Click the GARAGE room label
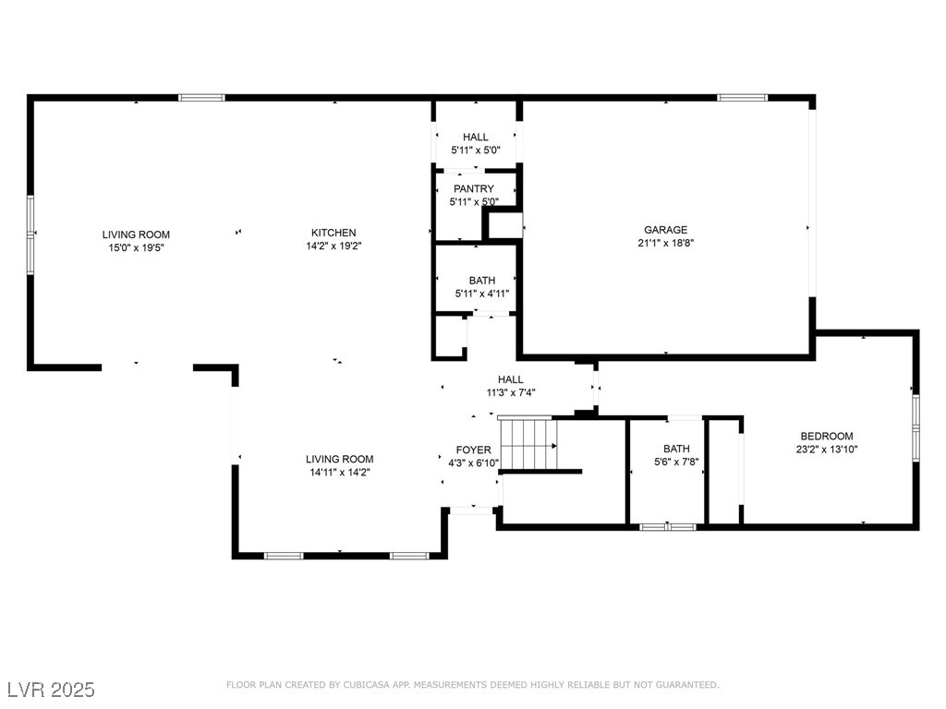click(665, 230)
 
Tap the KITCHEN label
click(334, 233)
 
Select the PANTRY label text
click(474, 188)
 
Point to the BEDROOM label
click(827, 436)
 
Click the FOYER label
click(474, 450)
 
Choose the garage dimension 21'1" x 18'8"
click(665, 243)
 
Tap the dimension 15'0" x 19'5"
click(136, 247)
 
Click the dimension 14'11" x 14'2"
click(340, 472)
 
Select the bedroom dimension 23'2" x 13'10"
click(827, 450)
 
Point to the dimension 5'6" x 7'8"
click(676, 462)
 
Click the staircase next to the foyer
click(528, 443)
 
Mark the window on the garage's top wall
click(742, 98)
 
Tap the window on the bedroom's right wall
click(916, 428)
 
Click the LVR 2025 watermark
click(52, 689)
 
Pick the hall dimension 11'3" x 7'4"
click(511, 392)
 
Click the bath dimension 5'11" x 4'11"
click(482, 294)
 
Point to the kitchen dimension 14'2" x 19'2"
click(334, 246)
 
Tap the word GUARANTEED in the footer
click(687, 685)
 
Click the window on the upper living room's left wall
click(30, 235)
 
